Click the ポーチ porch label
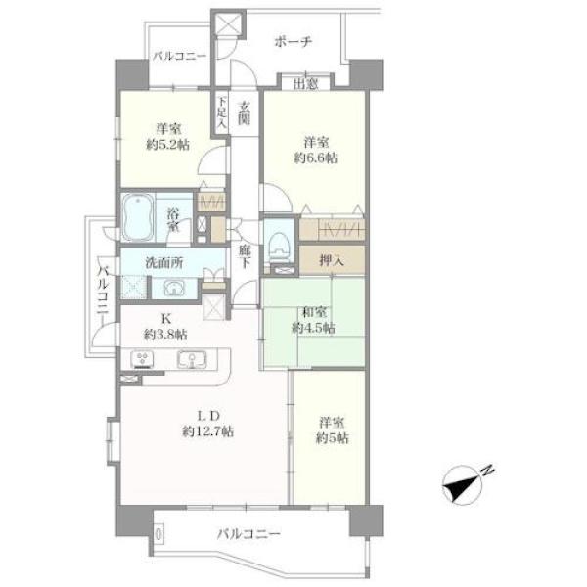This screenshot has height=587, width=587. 293,41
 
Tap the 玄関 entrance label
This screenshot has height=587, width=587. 245,113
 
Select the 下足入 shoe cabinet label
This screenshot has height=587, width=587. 222,112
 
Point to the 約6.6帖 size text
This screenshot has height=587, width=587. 316,158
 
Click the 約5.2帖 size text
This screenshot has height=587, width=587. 167,145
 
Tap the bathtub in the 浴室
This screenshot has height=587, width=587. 138,217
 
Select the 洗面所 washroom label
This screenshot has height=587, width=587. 164,263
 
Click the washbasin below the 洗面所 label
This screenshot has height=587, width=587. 173,289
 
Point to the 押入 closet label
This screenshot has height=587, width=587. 332,260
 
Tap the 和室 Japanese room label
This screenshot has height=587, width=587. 314,312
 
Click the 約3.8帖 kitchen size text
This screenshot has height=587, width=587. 165,335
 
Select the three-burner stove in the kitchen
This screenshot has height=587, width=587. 142,359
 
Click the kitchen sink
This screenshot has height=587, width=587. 192,359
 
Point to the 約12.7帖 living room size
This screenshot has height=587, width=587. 208,431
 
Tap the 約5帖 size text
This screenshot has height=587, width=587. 332,438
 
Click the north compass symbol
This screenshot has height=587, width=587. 466,483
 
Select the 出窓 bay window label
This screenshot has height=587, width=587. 305,84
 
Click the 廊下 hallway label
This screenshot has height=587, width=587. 245,256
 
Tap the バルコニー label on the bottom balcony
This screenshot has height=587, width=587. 248,533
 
